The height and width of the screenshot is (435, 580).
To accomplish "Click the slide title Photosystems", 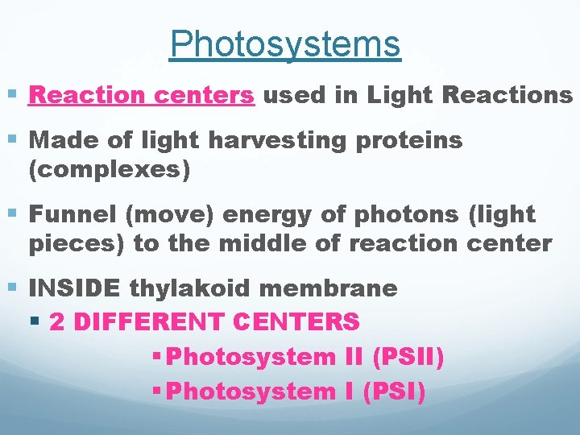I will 285,44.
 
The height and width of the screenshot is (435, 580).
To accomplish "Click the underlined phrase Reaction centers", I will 142,96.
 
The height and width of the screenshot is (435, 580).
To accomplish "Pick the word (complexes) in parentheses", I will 109,170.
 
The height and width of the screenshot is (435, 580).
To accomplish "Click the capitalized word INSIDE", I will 75,288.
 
